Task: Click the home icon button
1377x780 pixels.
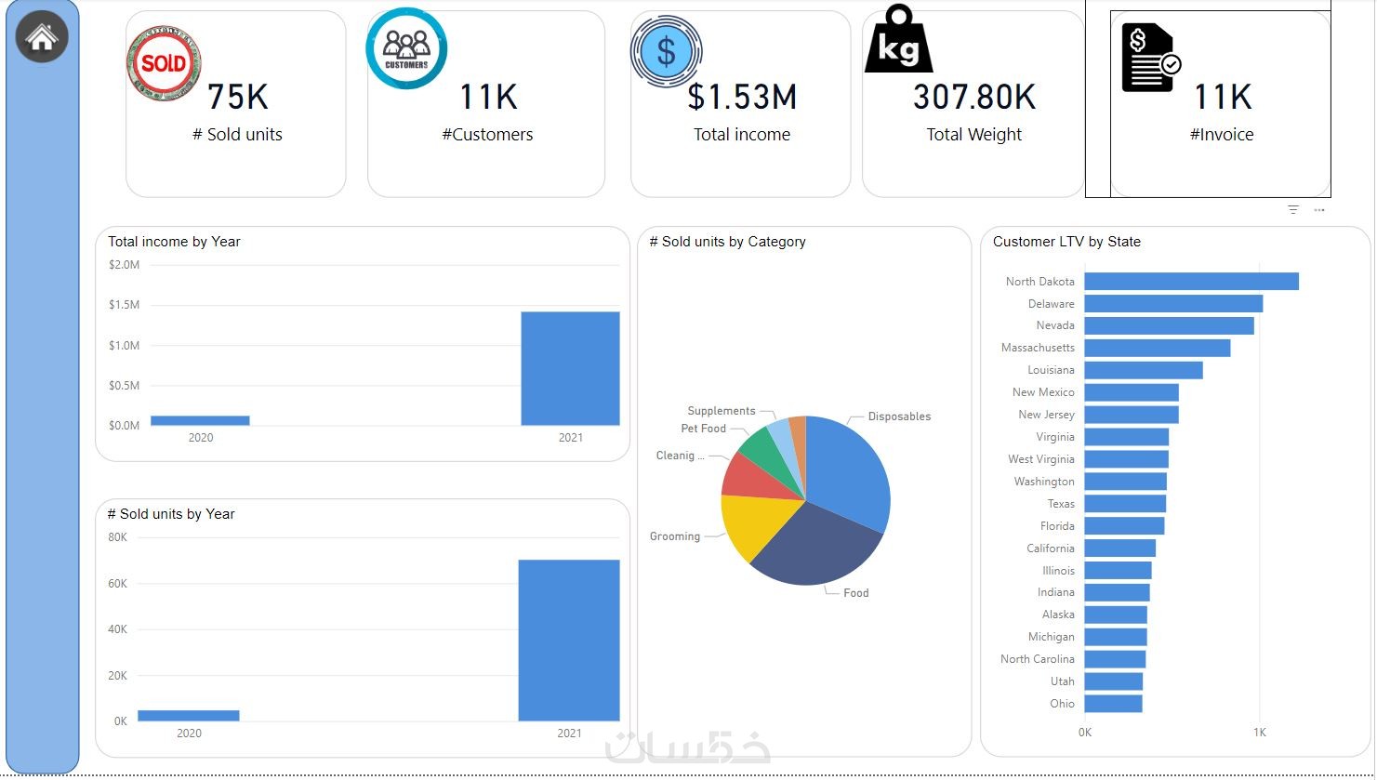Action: coord(42,38)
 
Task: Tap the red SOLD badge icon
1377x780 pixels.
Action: coord(164,63)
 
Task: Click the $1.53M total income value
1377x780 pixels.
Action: coord(742,97)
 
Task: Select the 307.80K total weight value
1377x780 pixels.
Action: coord(974,97)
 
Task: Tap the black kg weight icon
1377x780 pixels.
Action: coord(898,41)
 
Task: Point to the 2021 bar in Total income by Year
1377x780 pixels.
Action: coord(570,368)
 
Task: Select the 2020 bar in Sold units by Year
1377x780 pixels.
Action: coord(189,715)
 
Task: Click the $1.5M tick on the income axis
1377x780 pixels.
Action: coord(124,305)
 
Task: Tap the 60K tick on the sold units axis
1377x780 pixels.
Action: coord(118,584)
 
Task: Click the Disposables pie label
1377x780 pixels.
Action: coord(899,416)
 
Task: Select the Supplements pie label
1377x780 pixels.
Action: coord(722,411)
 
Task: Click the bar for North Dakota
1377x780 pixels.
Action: coord(1191,282)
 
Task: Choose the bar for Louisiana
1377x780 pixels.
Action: coord(1144,370)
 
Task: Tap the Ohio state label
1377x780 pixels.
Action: coord(1063,704)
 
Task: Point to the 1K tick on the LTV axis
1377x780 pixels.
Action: coord(1259,733)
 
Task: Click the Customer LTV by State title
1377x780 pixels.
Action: coord(1066,242)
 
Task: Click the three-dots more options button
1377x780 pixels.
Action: coord(1319,210)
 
